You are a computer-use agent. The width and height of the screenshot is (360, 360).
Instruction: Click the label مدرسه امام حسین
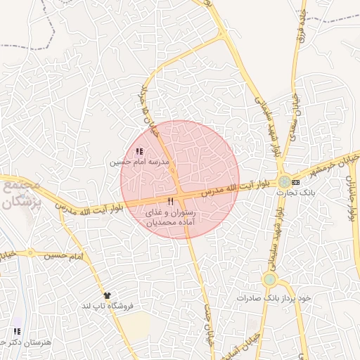click(x=139, y=162)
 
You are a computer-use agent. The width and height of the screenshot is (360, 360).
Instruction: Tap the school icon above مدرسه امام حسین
click(x=139, y=150)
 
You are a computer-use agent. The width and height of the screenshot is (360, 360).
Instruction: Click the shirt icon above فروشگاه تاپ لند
click(x=107, y=295)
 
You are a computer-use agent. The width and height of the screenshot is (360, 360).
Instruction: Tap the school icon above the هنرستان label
click(x=16, y=330)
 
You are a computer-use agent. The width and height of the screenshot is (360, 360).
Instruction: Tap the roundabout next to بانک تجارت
click(x=283, y=181)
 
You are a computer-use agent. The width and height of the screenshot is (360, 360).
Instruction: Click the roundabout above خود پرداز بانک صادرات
click(x=269, y=280)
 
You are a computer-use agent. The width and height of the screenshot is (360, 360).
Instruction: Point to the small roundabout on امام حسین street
click(x=30, y=252)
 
